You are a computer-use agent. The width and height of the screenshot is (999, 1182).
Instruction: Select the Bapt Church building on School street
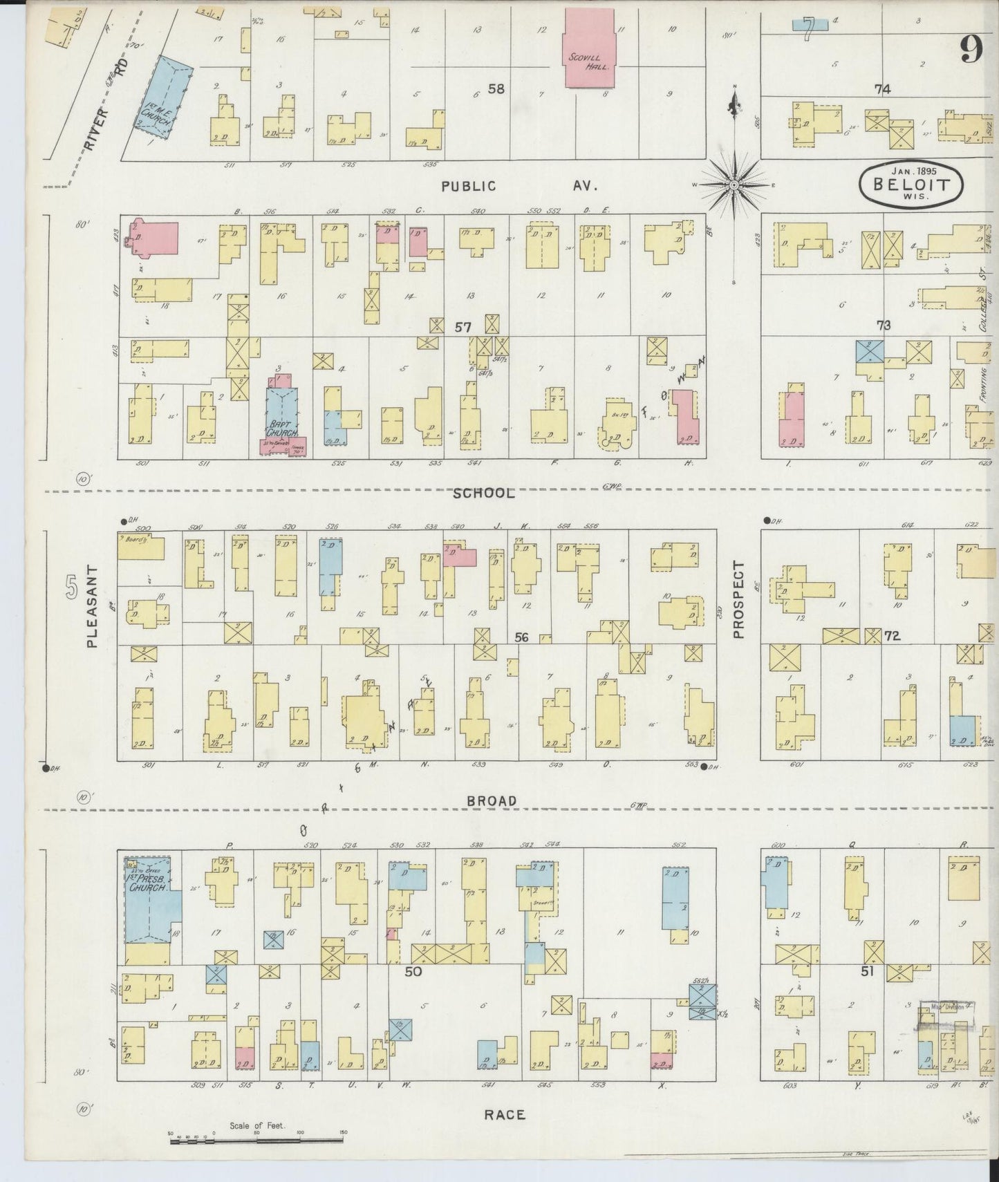pyautogui.click(x=281, y=412)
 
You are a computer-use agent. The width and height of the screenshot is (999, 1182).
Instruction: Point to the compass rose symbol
pyautogui.click(x=733, y=185)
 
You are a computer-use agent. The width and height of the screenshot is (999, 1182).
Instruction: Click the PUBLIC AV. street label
pyautogui.click(x=519, y=185)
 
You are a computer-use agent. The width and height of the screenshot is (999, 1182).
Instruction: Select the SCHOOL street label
pyautogui.click(x=484, y=493)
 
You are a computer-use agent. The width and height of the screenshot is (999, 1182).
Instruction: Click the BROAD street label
pyautogui.click(x=491, y=800)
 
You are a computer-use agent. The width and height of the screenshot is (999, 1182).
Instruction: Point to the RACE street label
pyautogui.click(x=504, y=1114)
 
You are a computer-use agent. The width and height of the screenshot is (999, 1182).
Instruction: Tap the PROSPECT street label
pyautogui.click(x=738, y=599)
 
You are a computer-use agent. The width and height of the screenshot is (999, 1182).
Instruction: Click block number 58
pyautogui.click(x=496, y=88)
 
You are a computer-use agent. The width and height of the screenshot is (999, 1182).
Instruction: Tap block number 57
pyautogui.click(x=463, y=326)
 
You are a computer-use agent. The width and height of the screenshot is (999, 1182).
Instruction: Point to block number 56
pyautogui.click(x=521, y=637)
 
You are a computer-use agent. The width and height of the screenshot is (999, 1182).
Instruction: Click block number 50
pyautogui.click(x=413, y=971)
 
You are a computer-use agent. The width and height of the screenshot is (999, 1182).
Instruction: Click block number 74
pyautogui.click(x=881, y=88)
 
